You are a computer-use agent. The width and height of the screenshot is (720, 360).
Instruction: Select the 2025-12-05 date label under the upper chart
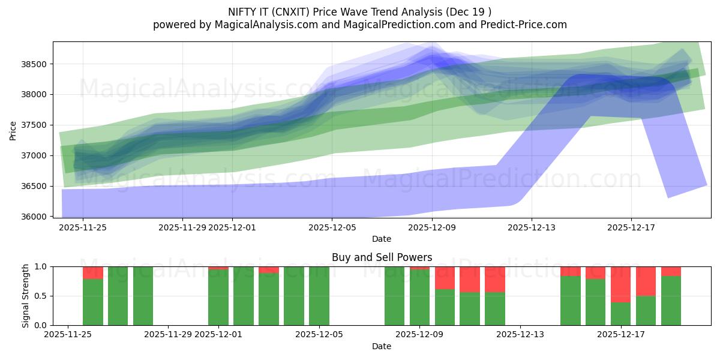pyautogui.click(x=332, y=227)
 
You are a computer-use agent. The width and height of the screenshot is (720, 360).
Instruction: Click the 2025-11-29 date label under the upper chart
pyautogui.click(x=182, y=227)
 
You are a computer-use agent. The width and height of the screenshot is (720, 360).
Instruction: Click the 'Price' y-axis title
pyautogui.click(x=13, y=130)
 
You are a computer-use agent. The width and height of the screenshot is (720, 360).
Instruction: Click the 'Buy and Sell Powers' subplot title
pyautogui.click(x=382, y=257)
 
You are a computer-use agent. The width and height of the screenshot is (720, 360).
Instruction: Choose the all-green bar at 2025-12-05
pyautogui.click(x=319, y=296)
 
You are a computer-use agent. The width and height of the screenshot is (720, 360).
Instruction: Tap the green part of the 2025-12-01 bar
pyautogui.click(x=218, y=298)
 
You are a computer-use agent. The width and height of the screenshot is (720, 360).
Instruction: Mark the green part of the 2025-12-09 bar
pyautogui.click(x=419, y=298)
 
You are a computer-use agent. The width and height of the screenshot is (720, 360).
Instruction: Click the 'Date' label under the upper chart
pyautogui.click(x=382, y=239)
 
